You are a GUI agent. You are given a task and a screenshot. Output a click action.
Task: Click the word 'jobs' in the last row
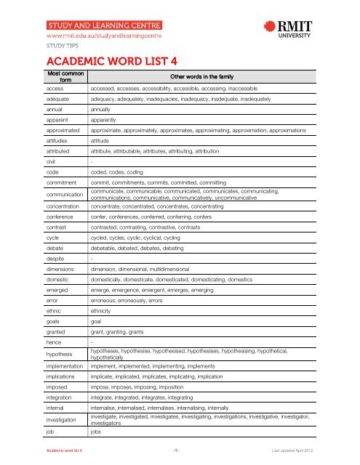(x=97, y=431)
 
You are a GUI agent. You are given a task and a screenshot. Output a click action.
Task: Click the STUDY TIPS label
(x=62, y=45)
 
